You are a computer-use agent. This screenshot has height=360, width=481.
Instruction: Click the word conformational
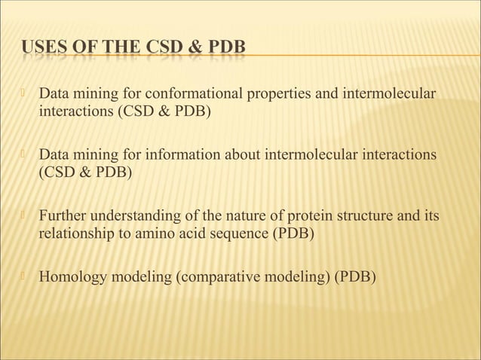185,96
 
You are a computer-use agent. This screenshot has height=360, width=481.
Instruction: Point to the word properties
274,96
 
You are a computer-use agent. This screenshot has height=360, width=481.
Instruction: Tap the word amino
154,233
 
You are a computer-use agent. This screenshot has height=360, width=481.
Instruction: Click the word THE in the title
117,50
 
